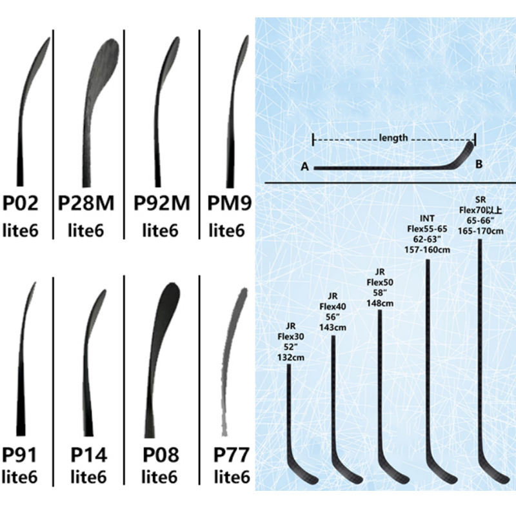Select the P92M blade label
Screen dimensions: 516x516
[x=162, y=204]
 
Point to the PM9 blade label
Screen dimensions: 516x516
[x=229, y=204]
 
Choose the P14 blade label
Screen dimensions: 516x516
[x=89, y=456]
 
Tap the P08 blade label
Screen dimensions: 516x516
[x=161, y=456]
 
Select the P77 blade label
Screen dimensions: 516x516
[x=231, y=456]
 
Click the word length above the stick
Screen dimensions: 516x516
[x=393, y=137]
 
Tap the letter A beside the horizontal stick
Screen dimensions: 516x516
[x=304, y=167]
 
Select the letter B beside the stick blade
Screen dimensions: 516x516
[x=479, y=164]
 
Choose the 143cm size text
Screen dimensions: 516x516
[x=333, y=327]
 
